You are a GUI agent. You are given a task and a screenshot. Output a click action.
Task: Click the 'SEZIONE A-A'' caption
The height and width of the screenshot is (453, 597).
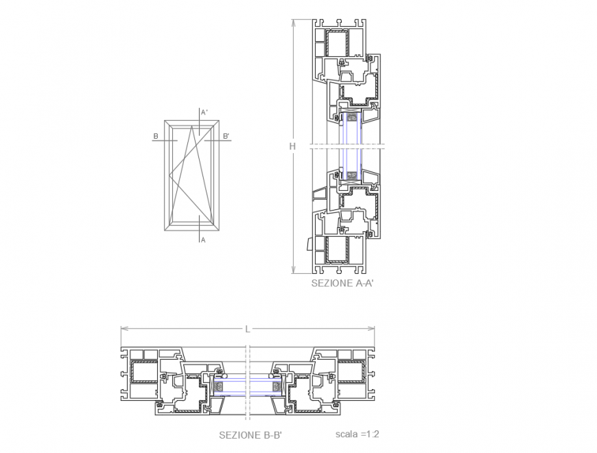[x=341, y=283]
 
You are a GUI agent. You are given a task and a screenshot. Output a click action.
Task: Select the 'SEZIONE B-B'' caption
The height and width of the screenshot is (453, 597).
[x=250, y=434]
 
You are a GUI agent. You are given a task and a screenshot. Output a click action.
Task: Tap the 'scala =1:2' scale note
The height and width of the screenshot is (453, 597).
[x=358, y=434]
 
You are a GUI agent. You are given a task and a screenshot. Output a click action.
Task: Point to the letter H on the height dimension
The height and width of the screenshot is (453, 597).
[x=292, y=146]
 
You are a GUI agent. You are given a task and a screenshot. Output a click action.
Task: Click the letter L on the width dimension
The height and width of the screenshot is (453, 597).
[x=247, y=329]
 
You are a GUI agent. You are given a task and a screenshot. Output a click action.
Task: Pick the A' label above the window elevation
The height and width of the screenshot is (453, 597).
[x=204, y=112]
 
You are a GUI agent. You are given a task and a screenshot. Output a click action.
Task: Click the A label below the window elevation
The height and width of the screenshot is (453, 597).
[x=203, y=240]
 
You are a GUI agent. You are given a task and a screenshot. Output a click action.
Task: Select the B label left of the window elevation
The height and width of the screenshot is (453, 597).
[x=156, y=136]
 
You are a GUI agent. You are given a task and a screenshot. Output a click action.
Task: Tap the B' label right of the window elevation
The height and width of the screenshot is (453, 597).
[x=226, y=136]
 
